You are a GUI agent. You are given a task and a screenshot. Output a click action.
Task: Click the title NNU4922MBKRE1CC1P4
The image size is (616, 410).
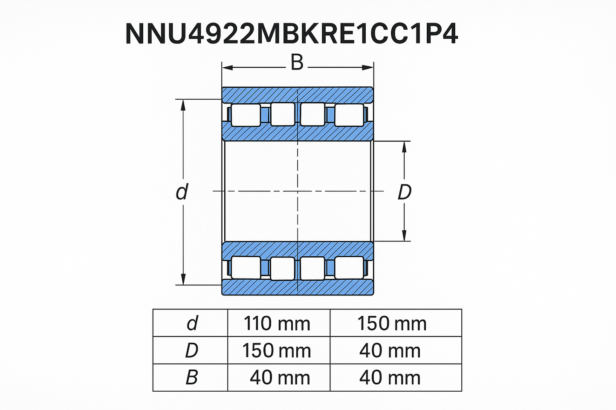[x=292, y=34]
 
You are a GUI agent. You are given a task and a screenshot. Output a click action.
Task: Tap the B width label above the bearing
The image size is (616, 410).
[x=297, y=63]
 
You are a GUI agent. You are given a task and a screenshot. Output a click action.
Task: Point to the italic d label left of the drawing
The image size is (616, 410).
[x=182, y=192]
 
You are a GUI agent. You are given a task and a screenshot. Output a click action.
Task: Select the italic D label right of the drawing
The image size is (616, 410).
[x=404, y=192]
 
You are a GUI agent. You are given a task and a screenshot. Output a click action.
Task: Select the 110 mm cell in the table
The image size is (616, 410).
[x=277, y=324]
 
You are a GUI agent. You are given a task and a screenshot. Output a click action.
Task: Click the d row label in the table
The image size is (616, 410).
[x=192, y=324]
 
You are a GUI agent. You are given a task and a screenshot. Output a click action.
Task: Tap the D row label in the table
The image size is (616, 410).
[x=191, y=351]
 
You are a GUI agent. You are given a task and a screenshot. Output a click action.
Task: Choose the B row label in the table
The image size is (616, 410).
[x=191, y=378]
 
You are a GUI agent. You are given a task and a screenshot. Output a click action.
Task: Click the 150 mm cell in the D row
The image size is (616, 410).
[x=277, y=351]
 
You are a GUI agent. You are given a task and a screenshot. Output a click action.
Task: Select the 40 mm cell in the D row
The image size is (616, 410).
[x=390, y=351]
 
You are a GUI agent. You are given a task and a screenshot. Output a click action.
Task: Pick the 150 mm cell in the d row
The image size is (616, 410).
[x=392, y=324]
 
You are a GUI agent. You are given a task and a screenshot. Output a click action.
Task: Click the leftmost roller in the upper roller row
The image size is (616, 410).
[x=245, y=115]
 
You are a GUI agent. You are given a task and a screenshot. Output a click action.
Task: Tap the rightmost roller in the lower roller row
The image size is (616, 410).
[x=349, y=268]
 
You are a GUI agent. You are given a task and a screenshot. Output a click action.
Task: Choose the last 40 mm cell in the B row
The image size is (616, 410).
[x=390, y=378]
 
